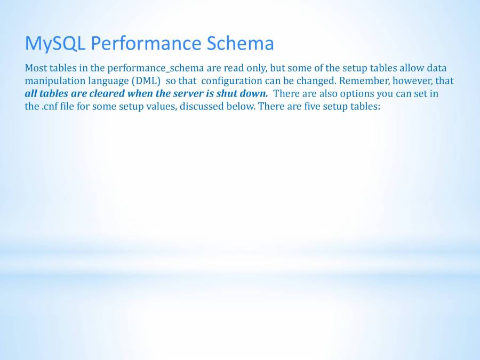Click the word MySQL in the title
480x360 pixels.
tap(55, 44)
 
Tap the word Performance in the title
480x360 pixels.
tap(146, 43)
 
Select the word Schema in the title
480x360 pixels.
tap(241, 43)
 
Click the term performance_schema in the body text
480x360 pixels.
tap(156, 68)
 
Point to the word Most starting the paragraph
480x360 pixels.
tap(36, 68)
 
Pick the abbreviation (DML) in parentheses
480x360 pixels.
tap(146, 81)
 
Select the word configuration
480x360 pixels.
tap(232, 81)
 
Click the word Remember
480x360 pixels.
tap(364, 81)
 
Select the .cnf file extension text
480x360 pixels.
tap(50, 107)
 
